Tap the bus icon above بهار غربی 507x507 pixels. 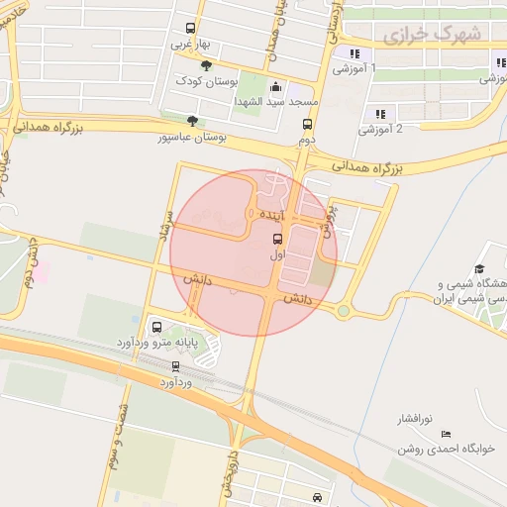[x=190, y=29]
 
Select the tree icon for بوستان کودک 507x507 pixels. [x=206, y=65]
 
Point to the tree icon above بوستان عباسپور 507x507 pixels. [x=192, y=122]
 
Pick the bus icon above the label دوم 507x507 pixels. [x=307, y=125]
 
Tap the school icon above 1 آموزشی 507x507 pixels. [x=354, y=53]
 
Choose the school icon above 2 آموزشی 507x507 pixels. [x=380, y=114]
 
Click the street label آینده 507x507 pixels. [x=270, y=215]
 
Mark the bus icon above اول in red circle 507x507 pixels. [x=276, y=239]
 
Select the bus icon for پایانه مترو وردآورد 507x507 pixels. [x=156, y=328]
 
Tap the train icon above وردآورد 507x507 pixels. [x=176, y=365]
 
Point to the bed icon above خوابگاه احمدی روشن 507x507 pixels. [x=445, y=434]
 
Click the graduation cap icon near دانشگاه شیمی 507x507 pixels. [x=479, y=269]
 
